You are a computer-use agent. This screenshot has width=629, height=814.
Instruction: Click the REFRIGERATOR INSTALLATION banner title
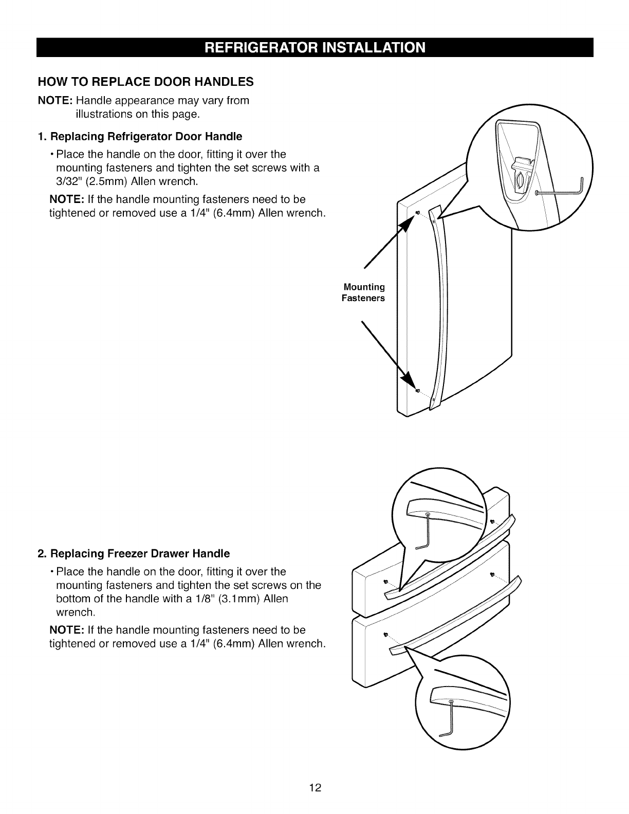pos(315,48)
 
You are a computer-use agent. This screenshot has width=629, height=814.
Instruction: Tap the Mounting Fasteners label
pos(363,292)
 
